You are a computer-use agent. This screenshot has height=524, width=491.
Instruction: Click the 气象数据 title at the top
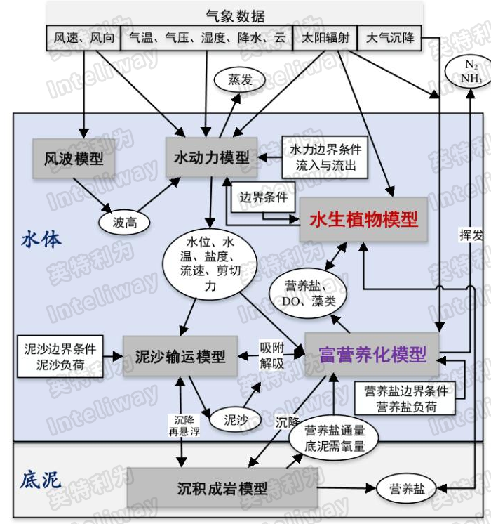(x=235, y=13)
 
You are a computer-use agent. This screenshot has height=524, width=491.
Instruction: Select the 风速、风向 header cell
(x=83, y=38)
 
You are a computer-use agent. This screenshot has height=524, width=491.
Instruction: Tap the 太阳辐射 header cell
(x=325, y=38)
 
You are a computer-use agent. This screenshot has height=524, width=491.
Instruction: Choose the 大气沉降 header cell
(x=390, y=38)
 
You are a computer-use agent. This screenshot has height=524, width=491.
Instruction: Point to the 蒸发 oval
(x=240, y=80)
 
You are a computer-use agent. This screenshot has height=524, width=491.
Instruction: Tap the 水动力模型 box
(x=211, y=157)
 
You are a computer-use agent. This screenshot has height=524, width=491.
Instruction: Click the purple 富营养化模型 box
(x=370, y=354)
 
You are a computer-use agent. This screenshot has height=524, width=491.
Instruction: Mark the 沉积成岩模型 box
(x=222, y=487)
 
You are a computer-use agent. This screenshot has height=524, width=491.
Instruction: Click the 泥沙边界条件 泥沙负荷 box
(x=60, y=355)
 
